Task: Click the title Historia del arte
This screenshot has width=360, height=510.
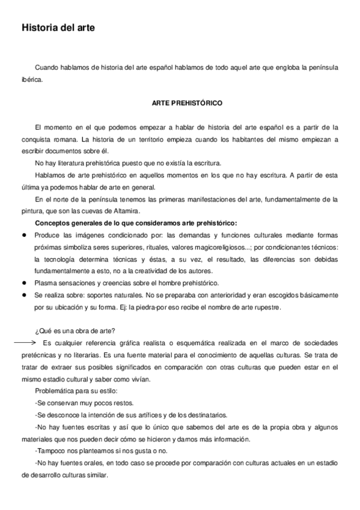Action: pyautogui.click(x=58, y=28)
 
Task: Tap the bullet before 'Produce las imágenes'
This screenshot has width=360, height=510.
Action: pyautogui.click(x=25, y=235)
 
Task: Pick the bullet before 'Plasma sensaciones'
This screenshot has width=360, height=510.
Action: pyautogui.click(x=25, y=282)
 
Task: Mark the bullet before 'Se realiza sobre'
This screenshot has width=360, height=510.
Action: pyautogui.click(x=25, y=296)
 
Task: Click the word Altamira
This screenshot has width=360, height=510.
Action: pyautogui.click(x=123, y=210)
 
